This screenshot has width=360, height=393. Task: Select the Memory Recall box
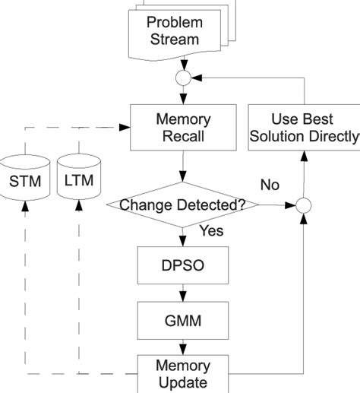point(182,128)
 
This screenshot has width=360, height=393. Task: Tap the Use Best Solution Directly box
point(304,128)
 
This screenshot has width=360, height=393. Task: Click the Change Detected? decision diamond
point(182,204)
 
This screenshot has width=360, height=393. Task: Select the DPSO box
point(182,265)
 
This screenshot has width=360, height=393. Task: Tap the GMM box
point(182,320)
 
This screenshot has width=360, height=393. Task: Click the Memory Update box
point(182,373)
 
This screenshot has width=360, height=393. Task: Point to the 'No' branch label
point(270,185)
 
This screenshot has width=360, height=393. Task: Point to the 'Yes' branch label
point(210,231)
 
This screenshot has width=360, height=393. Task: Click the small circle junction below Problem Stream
point(182,78)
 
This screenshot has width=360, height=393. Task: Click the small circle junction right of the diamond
point(303,204)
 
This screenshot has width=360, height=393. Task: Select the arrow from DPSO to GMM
point(182,293)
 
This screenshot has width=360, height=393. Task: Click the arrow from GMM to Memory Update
point(182,346)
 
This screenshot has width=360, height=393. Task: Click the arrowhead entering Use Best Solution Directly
point(303,156)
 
